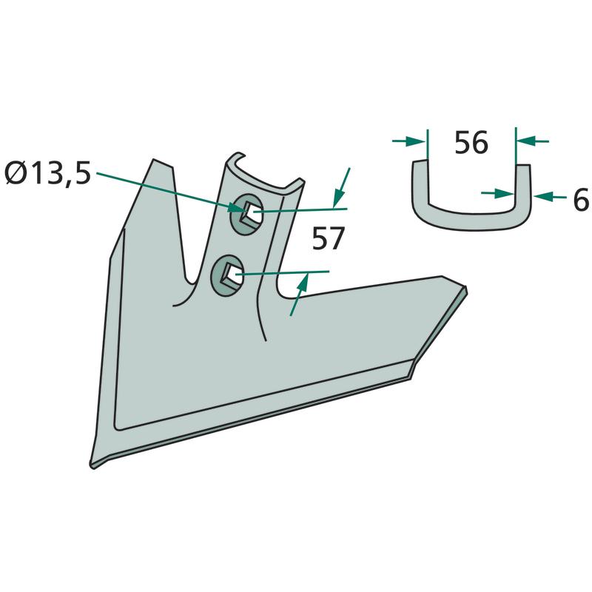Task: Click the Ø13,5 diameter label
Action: click(x=48, y=174)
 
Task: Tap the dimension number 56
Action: click(x=471, y=143)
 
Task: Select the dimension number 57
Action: click(x=328, y=238)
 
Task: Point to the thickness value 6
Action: click(x=581, y=199)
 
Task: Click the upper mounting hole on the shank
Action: click(x=247, y=211)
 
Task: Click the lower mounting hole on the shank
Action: click(x=227, y=275)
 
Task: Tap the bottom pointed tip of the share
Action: click(x=93, y=467)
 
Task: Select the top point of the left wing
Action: click(x=153, y=160)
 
